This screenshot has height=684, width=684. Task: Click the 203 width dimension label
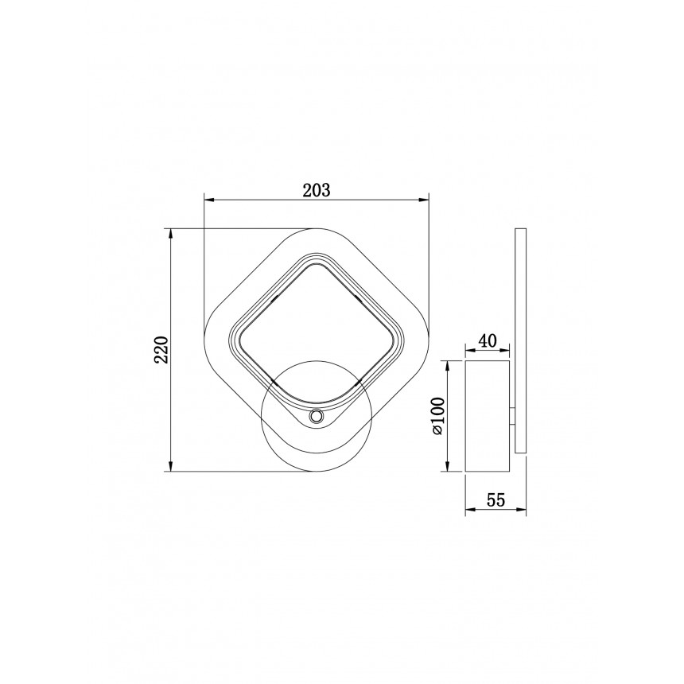(x=317, y=190)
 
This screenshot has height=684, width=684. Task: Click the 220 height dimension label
(x=161, y=349)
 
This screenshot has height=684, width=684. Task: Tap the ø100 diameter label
(x=437, y=416)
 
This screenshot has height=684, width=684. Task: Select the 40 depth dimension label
(x=488, y=340)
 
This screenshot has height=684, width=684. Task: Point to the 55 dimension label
(x=496, y=500)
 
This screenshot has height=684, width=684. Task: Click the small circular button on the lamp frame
(x=316, y=417)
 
